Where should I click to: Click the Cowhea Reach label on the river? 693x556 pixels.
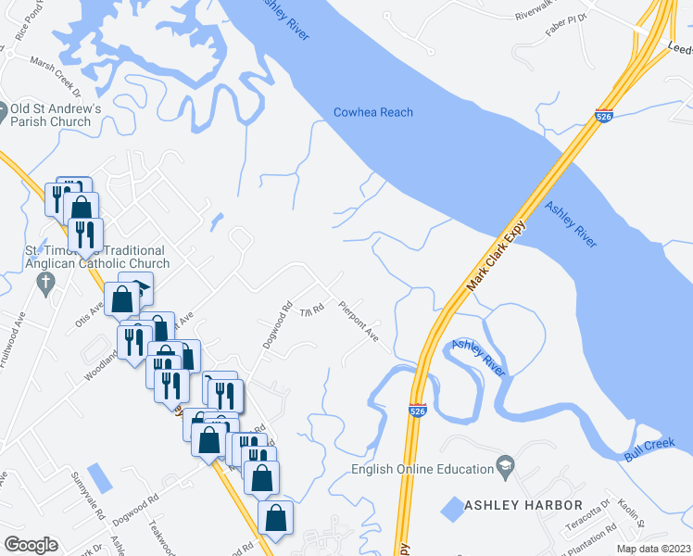(x=373, y=113)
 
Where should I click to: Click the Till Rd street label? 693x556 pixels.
(x=310, y=311)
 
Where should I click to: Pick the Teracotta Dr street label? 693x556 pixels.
(x=594, y=516)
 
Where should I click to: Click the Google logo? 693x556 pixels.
(x=31, y=545)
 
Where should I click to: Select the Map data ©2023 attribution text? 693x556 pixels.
(x=652, y=549)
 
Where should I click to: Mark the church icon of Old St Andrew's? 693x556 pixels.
(x=4, y=109)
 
